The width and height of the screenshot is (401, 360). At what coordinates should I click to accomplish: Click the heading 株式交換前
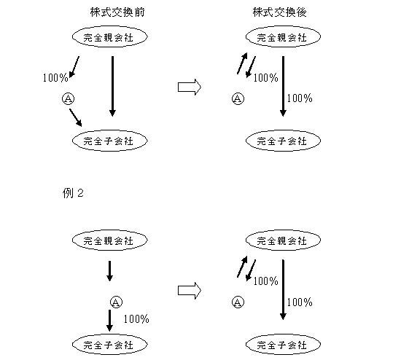pos(117,12)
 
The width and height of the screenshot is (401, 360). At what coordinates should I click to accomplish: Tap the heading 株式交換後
pos(280,12)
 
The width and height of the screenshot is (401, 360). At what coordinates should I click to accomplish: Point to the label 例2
pos(73,193)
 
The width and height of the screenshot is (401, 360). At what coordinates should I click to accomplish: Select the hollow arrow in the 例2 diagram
pos(190,291)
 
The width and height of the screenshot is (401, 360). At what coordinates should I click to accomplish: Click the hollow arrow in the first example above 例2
pos(190,87)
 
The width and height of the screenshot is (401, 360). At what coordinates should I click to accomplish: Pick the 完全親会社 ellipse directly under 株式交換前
pos(110,37)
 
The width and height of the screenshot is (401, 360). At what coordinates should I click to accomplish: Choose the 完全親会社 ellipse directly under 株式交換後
pos(283,37)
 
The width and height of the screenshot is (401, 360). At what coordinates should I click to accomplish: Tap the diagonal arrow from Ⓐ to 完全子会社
pos(76,118)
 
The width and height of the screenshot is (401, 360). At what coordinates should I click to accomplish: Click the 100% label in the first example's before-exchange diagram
pos(55,78)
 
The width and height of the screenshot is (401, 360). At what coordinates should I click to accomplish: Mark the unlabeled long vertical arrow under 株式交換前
pos(112,87)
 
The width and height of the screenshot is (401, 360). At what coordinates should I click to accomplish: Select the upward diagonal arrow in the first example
pos(242,63)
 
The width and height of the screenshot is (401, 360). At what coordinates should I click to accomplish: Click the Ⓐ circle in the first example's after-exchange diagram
pos(238,98)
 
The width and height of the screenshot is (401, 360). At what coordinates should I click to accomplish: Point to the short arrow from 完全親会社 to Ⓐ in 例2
pos(109,271)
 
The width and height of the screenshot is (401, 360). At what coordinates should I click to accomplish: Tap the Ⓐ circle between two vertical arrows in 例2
pos(116,302)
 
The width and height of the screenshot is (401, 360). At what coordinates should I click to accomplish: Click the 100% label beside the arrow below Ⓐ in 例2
pos(136,319)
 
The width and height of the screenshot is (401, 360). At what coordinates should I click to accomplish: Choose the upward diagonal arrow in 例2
pos(242,267)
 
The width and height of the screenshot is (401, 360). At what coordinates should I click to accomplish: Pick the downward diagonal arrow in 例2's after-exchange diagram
pos(251,270)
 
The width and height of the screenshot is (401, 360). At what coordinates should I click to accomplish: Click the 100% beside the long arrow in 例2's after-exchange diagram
pos(300,302)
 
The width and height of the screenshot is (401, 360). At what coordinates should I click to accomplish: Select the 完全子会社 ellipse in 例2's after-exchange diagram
pos(283,345)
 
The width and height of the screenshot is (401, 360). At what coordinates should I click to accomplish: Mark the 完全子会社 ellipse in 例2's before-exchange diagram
pos(110,345)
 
